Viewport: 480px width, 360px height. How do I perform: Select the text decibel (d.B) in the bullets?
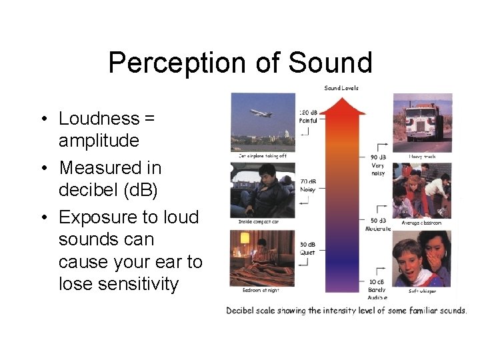point(109,190)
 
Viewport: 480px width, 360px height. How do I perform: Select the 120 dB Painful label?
point(309,117)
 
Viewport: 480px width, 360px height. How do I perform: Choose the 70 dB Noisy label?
point(308,185)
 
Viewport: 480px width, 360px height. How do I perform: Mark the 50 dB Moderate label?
point(378,223)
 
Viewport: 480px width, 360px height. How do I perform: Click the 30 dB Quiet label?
point(308,248)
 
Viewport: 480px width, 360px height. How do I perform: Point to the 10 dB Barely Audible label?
point(377,289)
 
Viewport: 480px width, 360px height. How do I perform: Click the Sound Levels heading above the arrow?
point(341,88)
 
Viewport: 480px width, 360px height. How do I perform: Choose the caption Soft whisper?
point(424,291)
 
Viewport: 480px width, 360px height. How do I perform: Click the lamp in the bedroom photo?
point(245,238)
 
